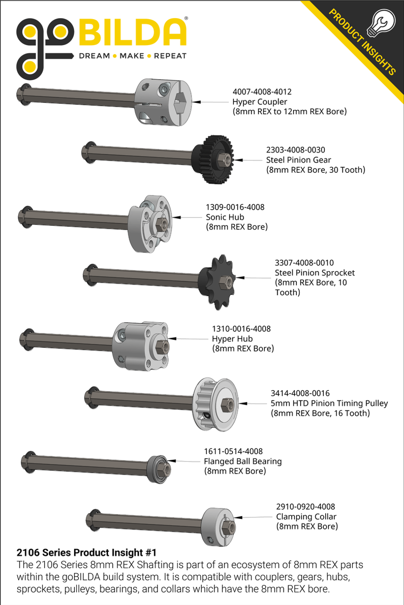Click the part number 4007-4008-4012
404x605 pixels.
[x=261, y=92]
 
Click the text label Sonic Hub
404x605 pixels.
[x=225, y=217]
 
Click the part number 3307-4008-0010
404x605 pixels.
[x=304, y=263]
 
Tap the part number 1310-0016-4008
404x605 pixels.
[x=241, y=329]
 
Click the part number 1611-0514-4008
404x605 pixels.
[x=233, y=451]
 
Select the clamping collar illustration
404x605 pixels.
[x=219, y=526]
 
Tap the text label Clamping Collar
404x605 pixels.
[x=306, y=517]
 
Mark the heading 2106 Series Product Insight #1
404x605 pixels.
[x=86, y=553]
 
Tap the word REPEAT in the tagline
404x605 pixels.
[x=170, y=56]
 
